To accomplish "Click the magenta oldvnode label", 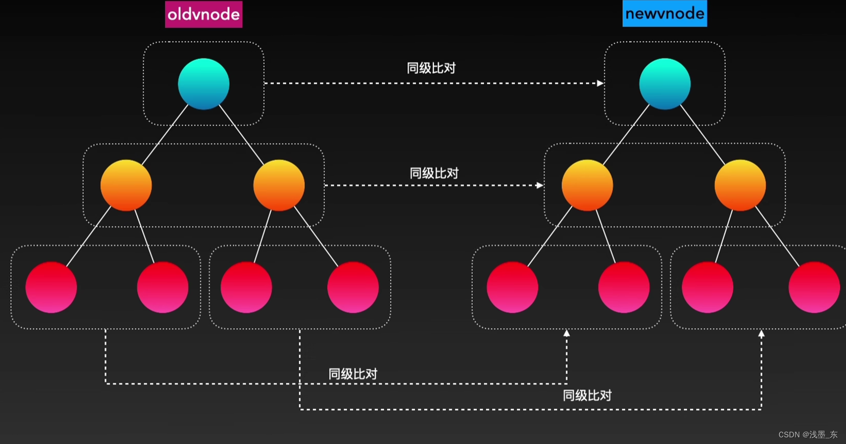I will pos(203,14).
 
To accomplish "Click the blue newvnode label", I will pos(664,14).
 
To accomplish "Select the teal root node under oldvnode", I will pos(203,84).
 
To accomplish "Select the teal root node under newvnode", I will pos(664,84).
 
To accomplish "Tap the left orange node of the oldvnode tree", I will pos(126,185).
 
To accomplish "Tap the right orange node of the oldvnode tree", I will pos(279,185).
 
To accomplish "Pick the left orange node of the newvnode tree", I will pos(587,185).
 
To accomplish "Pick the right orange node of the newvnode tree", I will pos(740,185).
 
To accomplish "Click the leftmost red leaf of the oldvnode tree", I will pos(51,287).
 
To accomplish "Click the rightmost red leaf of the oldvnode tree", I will pos(353,287).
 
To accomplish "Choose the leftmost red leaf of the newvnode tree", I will pos(512,287).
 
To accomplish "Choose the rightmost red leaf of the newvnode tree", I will pos(814,287).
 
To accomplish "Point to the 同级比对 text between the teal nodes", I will pos(431,68).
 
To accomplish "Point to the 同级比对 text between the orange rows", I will pos(434,173).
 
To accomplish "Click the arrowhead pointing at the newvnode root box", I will pos(600,83).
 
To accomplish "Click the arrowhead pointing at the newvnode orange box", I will pos(540,185).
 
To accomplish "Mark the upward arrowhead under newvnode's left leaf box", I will pos(567,333).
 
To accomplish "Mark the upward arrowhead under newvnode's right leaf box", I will pos(761,334).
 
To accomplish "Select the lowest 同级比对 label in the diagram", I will pos(587,396).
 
